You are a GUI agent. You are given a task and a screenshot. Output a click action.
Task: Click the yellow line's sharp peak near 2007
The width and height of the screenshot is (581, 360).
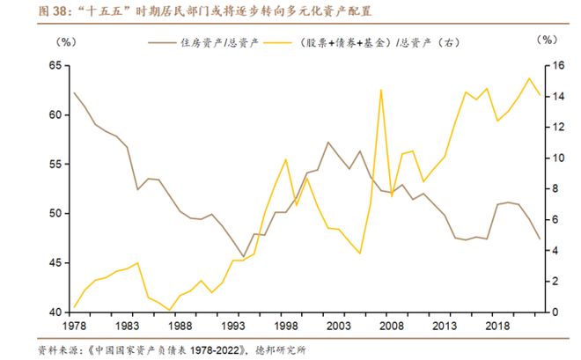coord(381,90)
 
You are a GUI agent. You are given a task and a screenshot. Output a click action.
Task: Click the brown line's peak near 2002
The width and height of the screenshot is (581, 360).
coord(328,142)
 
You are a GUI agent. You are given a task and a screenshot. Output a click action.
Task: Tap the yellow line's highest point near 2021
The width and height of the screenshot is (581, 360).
coord(530,78)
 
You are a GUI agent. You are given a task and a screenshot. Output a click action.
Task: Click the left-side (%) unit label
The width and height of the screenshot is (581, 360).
coord(67,41)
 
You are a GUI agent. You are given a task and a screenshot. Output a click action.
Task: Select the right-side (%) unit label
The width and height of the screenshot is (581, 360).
coord(547,41)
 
